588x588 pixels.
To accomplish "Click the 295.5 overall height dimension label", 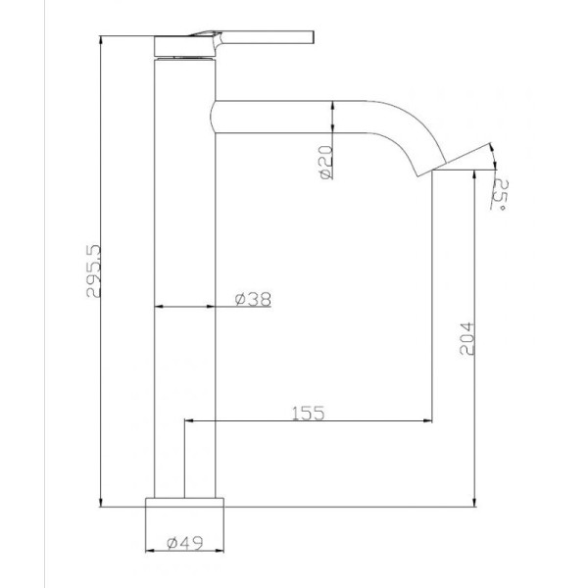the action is click(x=93, y=271).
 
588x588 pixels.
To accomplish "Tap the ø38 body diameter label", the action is click(x=253, y=299).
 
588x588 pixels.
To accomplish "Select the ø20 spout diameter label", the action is click(x=326, y=162).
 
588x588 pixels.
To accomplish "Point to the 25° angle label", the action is click(x=501, y=194).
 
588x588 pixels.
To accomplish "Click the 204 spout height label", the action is click(x=467, y=339).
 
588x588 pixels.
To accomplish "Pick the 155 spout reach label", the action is click(x=308, y=413).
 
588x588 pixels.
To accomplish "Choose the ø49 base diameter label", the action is click(x=185, y=542).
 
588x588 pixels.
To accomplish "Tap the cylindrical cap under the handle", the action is click(x=184, y=46).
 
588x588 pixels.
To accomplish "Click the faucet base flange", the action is click(x=184, y=503).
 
